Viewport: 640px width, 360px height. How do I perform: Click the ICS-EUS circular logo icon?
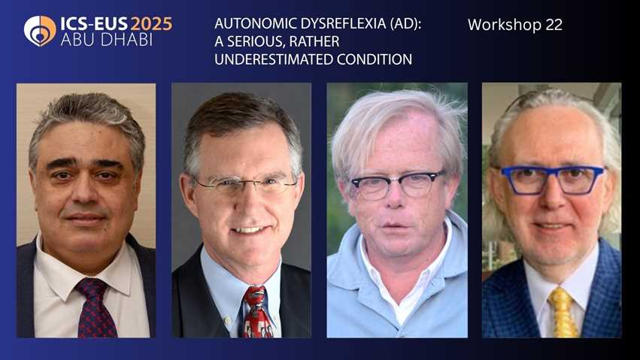pos(40,31)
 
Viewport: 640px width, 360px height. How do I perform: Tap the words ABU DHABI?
pos(107,40)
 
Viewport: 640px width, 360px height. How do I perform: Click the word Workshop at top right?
pos(500,25)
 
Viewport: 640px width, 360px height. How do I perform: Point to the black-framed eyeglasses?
pos(396,183)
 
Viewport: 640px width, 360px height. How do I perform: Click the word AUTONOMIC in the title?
pos(252,24)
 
